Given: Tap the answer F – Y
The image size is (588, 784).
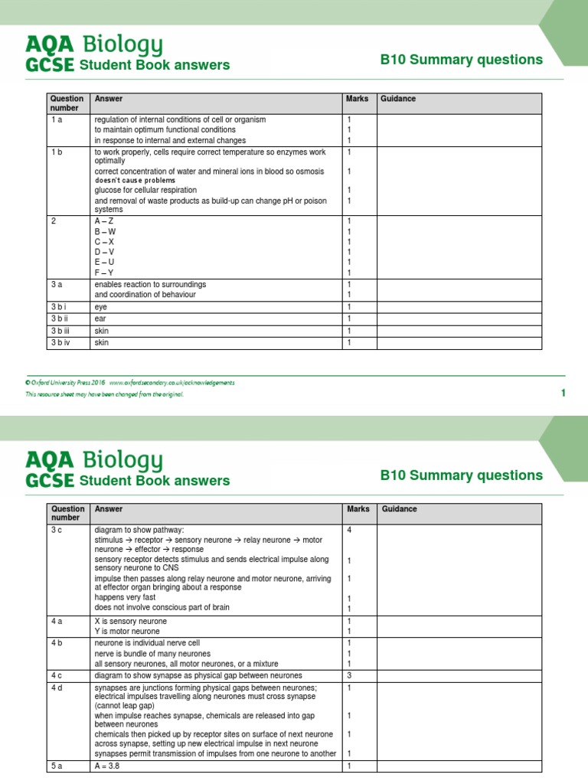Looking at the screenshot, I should [x=105, y=272].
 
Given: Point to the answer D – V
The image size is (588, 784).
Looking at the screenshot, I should [x=105, y=252].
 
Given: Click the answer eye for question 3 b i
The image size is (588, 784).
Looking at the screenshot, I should [x=101, y=306].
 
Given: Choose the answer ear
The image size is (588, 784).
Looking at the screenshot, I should [x=100, y=318].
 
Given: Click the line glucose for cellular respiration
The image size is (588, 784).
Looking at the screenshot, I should [x=145, y=190].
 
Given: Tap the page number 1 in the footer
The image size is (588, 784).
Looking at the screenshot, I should [x=563, y=393].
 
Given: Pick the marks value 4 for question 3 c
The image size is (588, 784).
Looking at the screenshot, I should [x=349, y=530].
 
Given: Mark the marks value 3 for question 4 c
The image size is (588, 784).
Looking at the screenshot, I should [x=349, y=676].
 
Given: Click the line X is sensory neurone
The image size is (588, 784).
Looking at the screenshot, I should [x=130, y=621].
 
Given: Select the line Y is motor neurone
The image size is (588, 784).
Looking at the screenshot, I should [x=127, y=631].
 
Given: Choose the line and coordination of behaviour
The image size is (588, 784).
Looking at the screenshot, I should [x=145, y=295].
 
